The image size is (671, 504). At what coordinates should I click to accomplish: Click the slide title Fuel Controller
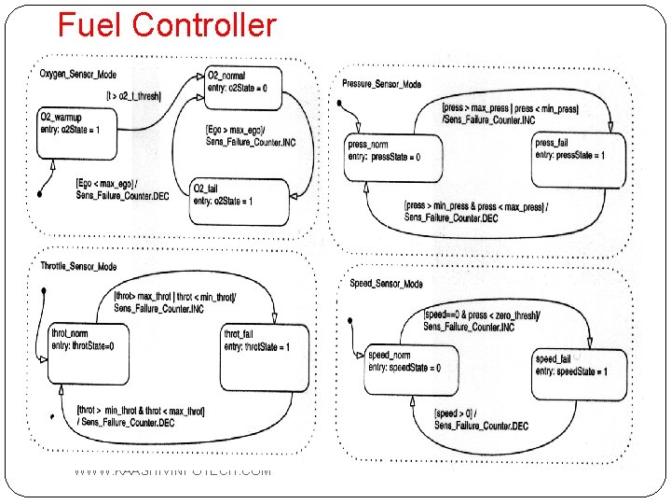(167, 24)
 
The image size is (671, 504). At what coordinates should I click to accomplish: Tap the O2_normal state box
(243, 85)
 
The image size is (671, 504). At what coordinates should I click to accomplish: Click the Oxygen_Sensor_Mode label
(78, 74)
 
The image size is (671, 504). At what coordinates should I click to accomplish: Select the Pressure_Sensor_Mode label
(381, 85)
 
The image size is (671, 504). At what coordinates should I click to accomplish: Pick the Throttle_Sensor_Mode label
(79, 267)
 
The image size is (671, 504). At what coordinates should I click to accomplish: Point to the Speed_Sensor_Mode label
(386, 284)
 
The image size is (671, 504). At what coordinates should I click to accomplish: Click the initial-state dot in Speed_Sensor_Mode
(349, 322)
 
